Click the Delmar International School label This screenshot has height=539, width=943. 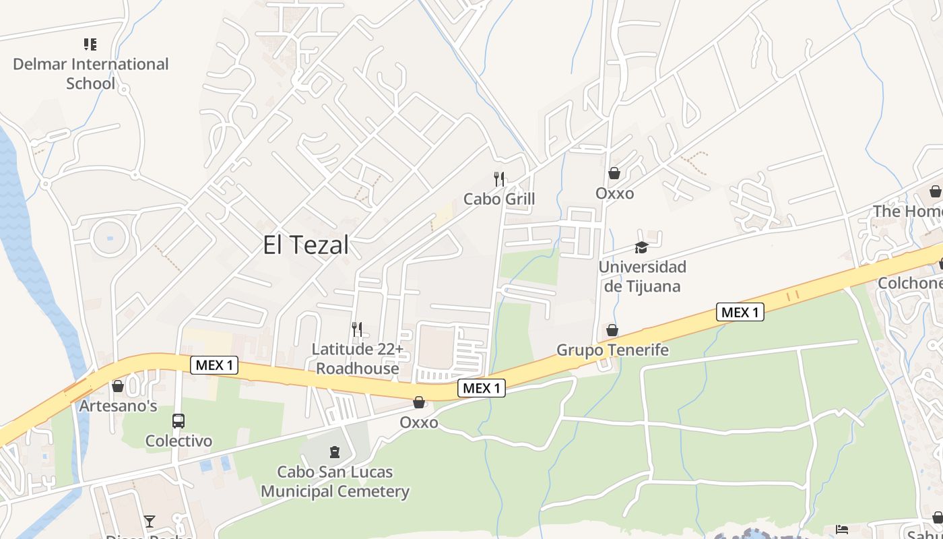pos(91,74)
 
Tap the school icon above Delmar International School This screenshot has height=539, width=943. pos(90,44)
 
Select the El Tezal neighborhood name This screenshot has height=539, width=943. pos(306,245)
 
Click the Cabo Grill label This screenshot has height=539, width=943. pos(499,199)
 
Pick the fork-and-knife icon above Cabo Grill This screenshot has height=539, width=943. pos(499,179)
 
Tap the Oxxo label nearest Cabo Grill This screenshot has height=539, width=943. pos(614,193)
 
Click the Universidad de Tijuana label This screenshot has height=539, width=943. pos(642,276)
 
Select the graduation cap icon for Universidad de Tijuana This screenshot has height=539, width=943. pos(641,247)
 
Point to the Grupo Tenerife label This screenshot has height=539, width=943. pos(612,350)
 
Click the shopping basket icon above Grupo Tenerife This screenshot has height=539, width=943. pos(612,330)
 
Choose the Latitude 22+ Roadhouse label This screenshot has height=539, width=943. pos(358,358)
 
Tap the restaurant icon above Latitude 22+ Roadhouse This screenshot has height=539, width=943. pos(357,329)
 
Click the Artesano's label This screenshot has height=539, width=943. pos(118,406)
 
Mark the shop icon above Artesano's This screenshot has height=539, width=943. pos(118,386)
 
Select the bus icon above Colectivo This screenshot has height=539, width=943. pos(178,421)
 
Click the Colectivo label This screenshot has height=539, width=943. pos(178,441)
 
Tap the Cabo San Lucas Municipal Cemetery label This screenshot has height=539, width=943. pos(335,482)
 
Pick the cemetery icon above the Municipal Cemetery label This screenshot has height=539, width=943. pos(335,451)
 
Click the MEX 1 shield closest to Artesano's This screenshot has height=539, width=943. pos(215,365)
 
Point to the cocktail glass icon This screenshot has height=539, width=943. pos(150,521)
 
